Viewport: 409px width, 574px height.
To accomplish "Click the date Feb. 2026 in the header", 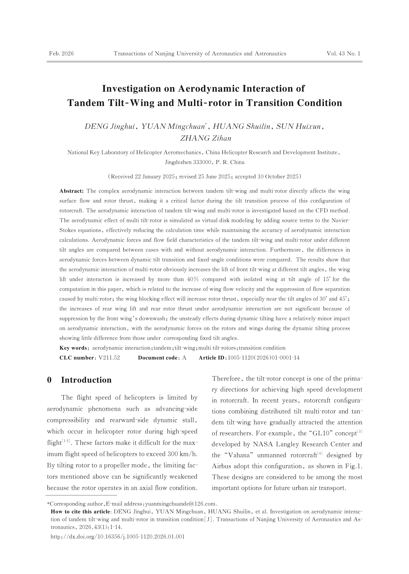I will click(x=61, y=54).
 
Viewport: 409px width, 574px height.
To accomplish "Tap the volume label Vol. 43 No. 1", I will click(x=343, y=54).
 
